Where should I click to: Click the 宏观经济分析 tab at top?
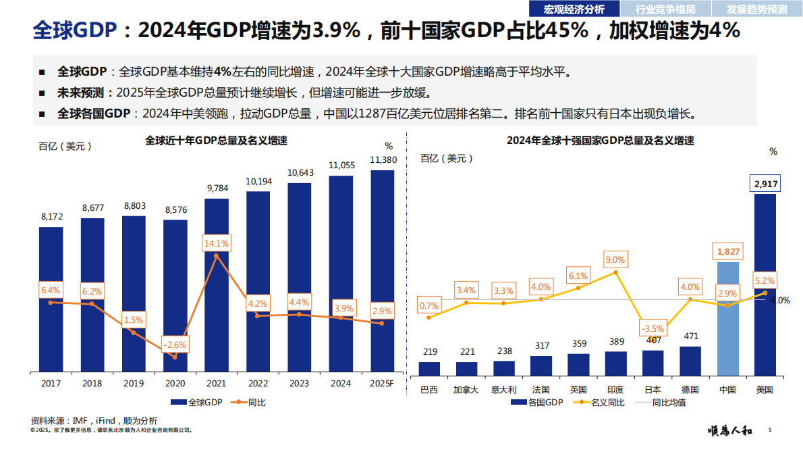tap(574, 9)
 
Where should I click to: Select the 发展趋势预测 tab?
tap(756, 9)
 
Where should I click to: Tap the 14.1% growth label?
tap(216, 243)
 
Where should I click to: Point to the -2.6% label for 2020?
tap(174, 344)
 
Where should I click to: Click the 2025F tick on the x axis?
tap(382, 384)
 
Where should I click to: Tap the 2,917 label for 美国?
tap(765, 184)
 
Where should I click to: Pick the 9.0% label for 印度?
tap(615, 260)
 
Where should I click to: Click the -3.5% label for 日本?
tap(652, 329)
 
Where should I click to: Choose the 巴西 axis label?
tap(429, 390)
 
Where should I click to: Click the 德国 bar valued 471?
tap(690, 361)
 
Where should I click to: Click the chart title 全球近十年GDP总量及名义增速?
tap(216, 141)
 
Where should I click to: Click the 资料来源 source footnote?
tap(94, 420)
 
